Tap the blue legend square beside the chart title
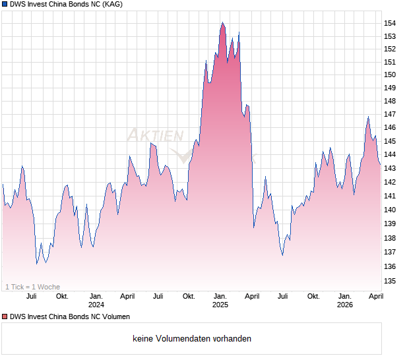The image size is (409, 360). pos(4,4)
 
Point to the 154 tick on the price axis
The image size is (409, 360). pos(390,24)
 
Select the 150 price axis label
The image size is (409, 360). pos(390,75)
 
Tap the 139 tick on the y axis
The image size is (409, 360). pos(390,224)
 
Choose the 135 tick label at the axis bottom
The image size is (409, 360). pos(390,282)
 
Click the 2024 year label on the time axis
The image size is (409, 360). pos(96,305)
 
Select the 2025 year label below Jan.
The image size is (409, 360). pos(220,305)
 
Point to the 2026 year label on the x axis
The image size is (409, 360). pos(344,305)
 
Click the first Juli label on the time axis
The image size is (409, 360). pos(30,297)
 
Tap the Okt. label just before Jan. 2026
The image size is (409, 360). pos(313,297)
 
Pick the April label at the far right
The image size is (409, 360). pos(375,297)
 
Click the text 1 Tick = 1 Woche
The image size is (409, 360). pos(32,287)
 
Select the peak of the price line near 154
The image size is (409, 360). pos(222,23)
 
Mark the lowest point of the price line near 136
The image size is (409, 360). pos(37,264)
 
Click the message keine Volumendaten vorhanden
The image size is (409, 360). pos(192,339)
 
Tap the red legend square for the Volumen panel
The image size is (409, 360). pos(4,316)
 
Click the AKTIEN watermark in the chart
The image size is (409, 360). pos(155,135)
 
